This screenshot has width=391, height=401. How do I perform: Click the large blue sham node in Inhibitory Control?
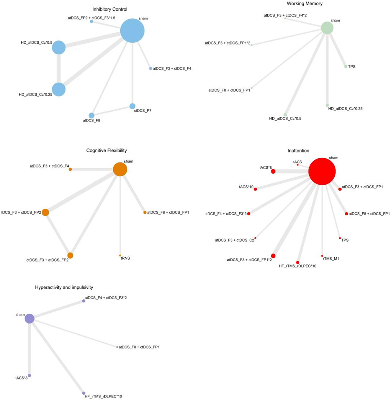[x=132, y=31]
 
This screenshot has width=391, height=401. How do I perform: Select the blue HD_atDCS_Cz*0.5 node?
[x=59, y=47]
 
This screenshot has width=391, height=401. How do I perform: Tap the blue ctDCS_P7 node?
[x=132, y=106]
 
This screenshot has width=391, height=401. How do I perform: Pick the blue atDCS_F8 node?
[x=91, y=115]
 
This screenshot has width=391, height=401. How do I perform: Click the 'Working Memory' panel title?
[x=305, y=4]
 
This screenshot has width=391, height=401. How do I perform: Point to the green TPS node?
[x=346, y=67]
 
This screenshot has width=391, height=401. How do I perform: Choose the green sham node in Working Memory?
[x=327, y=28]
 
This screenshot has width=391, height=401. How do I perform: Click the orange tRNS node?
[x=120, y=255]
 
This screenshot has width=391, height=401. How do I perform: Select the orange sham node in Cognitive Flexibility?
[x=120, y=169]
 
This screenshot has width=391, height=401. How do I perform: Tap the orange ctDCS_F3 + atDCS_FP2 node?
[x=70, y=255]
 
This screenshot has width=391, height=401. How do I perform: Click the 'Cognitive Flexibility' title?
[x=107, y=150]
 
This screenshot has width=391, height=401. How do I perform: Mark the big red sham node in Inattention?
[x=322, y=171]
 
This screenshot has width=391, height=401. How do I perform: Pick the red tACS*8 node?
[x=273, y=171]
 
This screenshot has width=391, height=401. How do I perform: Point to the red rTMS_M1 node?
[x=322, y=256]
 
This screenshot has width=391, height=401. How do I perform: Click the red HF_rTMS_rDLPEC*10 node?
[x=298, y=262]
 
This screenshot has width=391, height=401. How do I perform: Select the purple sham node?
[x=30, y=318]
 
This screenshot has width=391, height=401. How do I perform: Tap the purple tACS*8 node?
[x=30, y=376]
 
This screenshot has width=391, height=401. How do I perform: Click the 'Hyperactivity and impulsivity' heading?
[x=64, y=287]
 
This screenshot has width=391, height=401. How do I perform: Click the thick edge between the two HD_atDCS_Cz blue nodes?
[x=59, y=68]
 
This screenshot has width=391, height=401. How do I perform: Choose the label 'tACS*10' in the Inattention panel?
[x=246, y=187]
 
